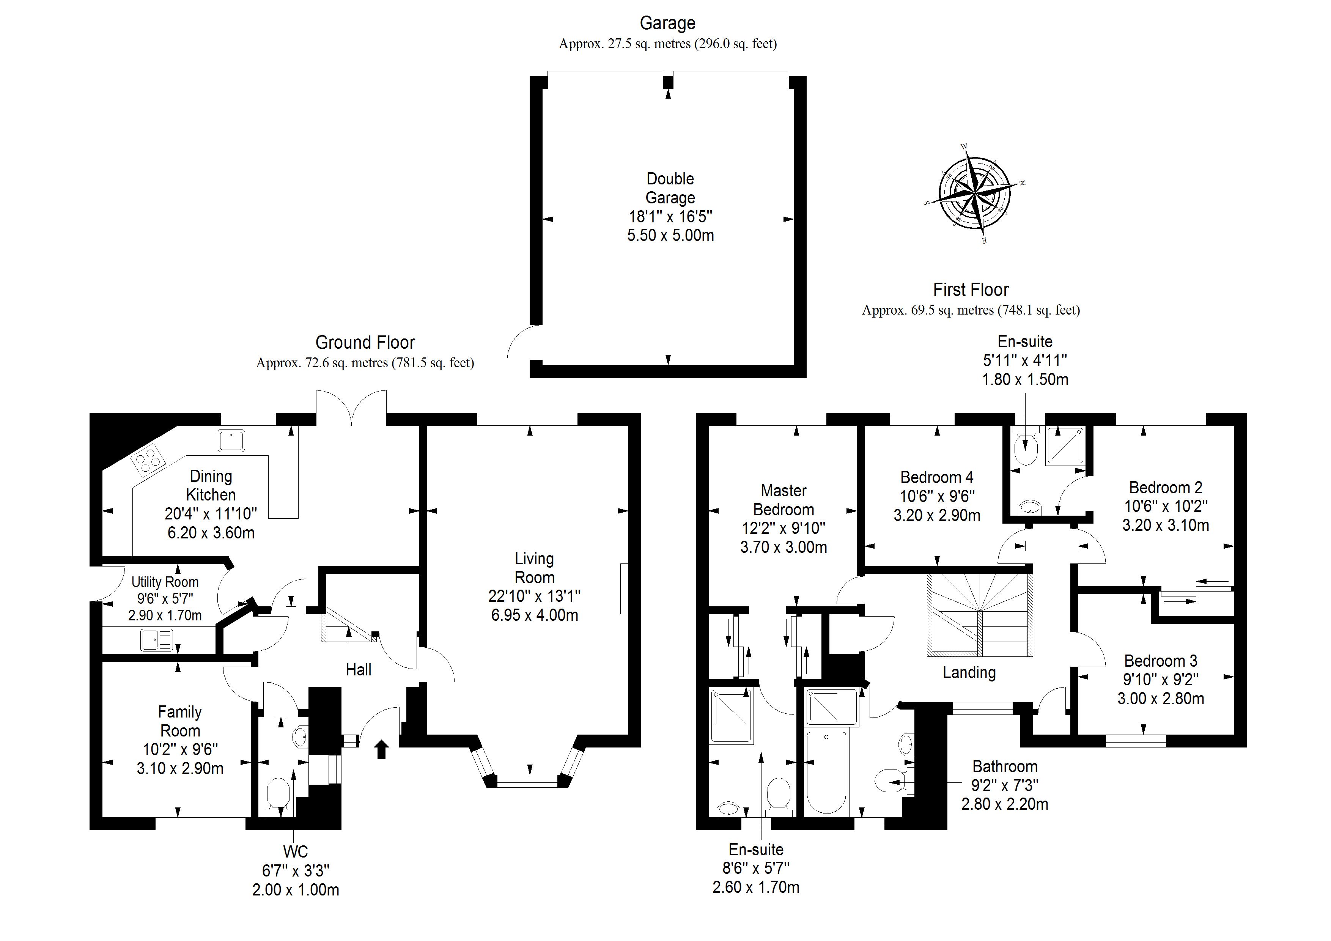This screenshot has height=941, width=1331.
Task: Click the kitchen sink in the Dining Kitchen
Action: [231, 441]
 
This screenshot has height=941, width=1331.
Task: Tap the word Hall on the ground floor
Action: [358, 670]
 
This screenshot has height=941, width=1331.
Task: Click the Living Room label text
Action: [535, 568]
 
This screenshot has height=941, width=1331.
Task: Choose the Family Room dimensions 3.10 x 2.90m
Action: [180, 768]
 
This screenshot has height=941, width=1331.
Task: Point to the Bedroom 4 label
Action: [936, 477]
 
